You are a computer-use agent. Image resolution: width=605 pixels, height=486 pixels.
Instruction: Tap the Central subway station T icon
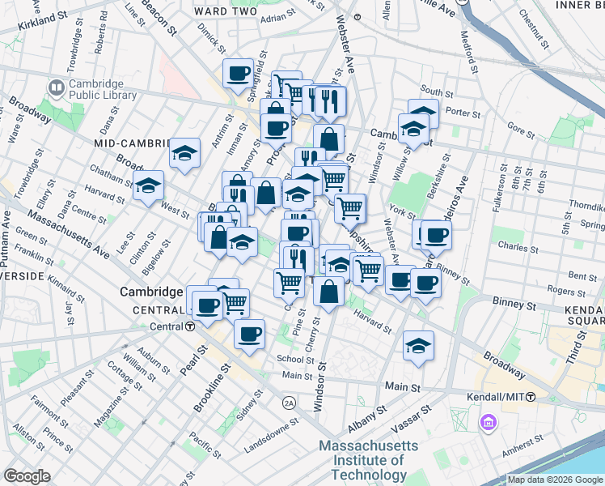(x=188, y=326)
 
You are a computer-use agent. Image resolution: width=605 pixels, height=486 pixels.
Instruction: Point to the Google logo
(x=27, y=476)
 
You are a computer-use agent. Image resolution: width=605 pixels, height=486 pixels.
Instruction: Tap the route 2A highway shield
(x=290, y=403)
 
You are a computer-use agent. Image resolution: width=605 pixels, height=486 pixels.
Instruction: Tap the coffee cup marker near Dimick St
(x=238, y=74)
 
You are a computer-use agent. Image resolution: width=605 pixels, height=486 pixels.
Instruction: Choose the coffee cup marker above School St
(x=249, y=333)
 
